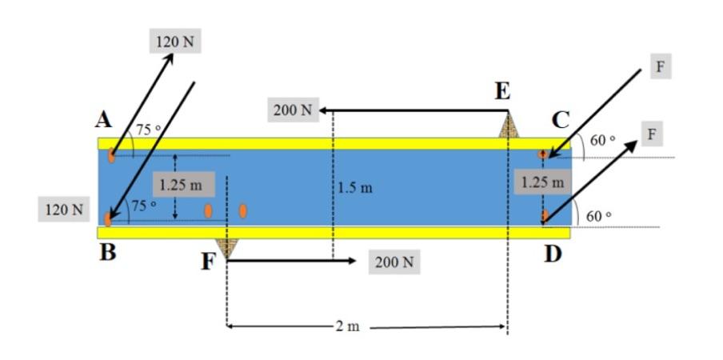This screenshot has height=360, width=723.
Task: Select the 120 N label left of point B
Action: pos(65,210)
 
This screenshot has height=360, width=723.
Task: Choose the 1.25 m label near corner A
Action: pos(181,184)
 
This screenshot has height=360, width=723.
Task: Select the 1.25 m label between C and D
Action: pos(542,182)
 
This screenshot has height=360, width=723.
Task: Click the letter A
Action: pos(102,120)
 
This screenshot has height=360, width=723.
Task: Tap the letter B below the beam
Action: pos(107,254)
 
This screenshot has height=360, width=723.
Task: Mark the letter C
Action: pos(561,120)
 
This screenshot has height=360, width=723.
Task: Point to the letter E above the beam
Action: pos(502,92)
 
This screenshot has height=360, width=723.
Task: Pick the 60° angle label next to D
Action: pos(597,216)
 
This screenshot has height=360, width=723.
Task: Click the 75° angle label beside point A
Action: pos(148,130)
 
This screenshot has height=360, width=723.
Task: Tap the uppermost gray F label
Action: pos(660,66)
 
